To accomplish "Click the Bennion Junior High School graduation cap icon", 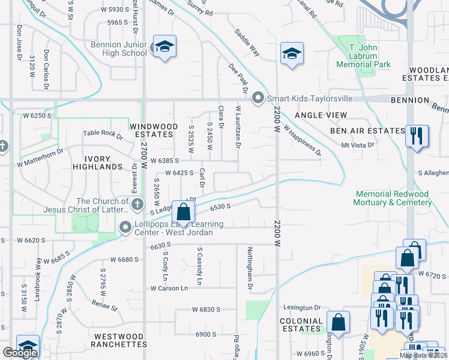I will [164, 48].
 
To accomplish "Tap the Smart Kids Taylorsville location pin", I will [259, 98].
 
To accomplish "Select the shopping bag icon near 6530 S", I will [184, 212].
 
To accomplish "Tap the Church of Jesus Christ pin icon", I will [137, 205].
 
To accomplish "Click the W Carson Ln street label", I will [169, 288].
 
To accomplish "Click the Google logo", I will [20, 353].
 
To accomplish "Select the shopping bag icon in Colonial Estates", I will [338, 322].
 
